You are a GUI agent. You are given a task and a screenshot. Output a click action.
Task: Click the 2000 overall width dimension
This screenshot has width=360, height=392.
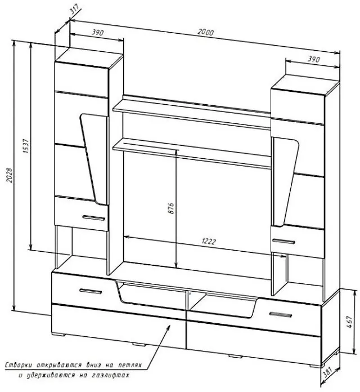point(205,33)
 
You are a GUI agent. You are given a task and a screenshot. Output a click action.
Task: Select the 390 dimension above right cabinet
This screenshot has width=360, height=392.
point(313,59)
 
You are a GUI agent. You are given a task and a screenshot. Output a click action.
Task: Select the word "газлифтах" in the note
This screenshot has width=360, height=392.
point(110,375)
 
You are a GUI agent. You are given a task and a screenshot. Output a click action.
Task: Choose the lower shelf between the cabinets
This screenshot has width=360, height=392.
point(191,152)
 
